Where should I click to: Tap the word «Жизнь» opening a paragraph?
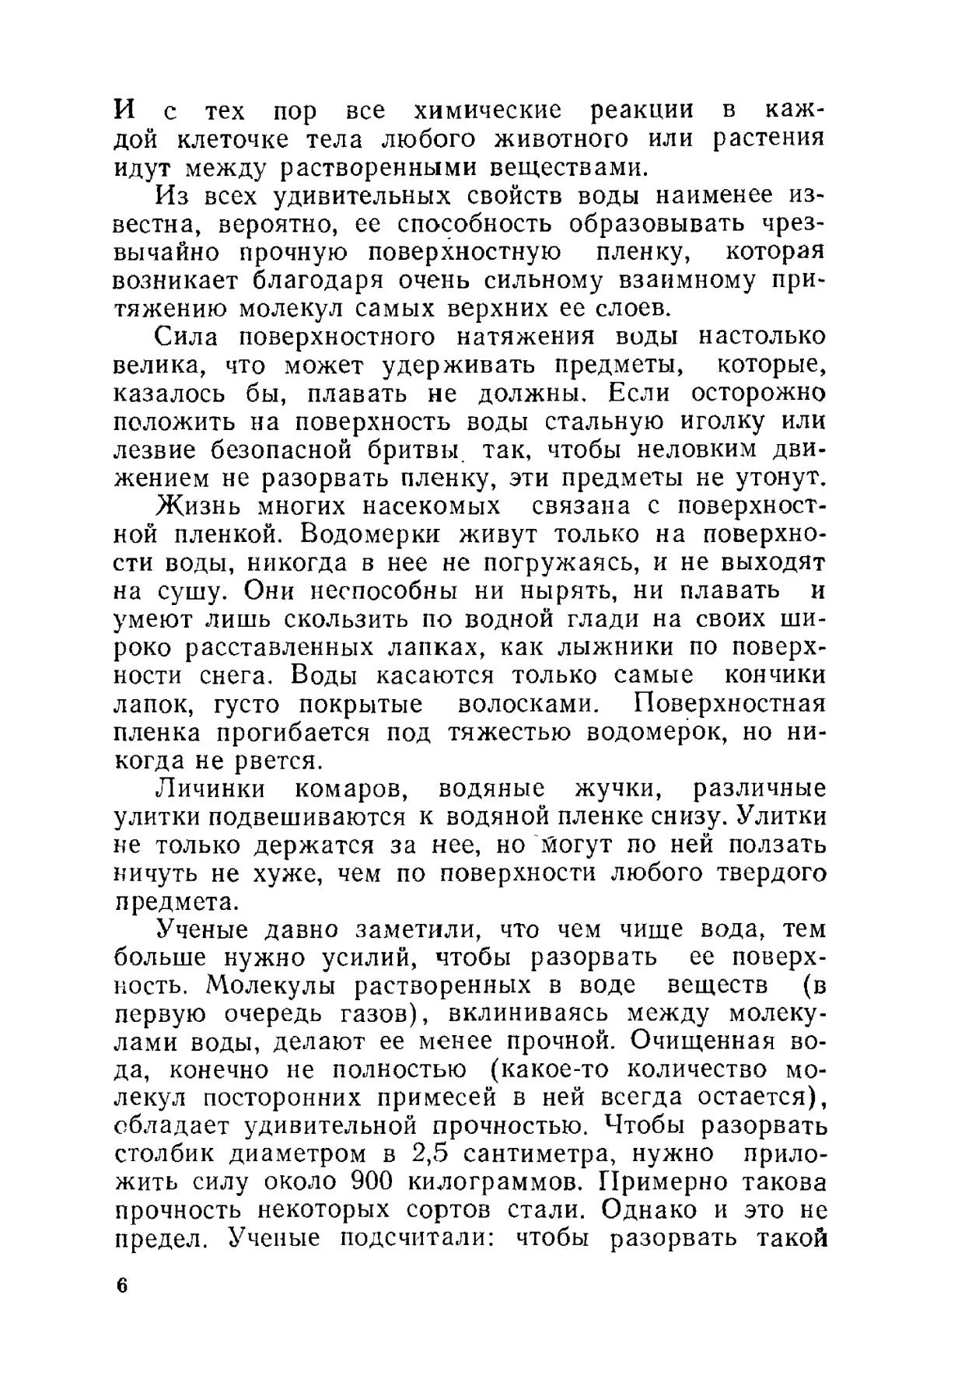click(201, 506)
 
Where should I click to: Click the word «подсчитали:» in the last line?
click(421, 1238)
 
